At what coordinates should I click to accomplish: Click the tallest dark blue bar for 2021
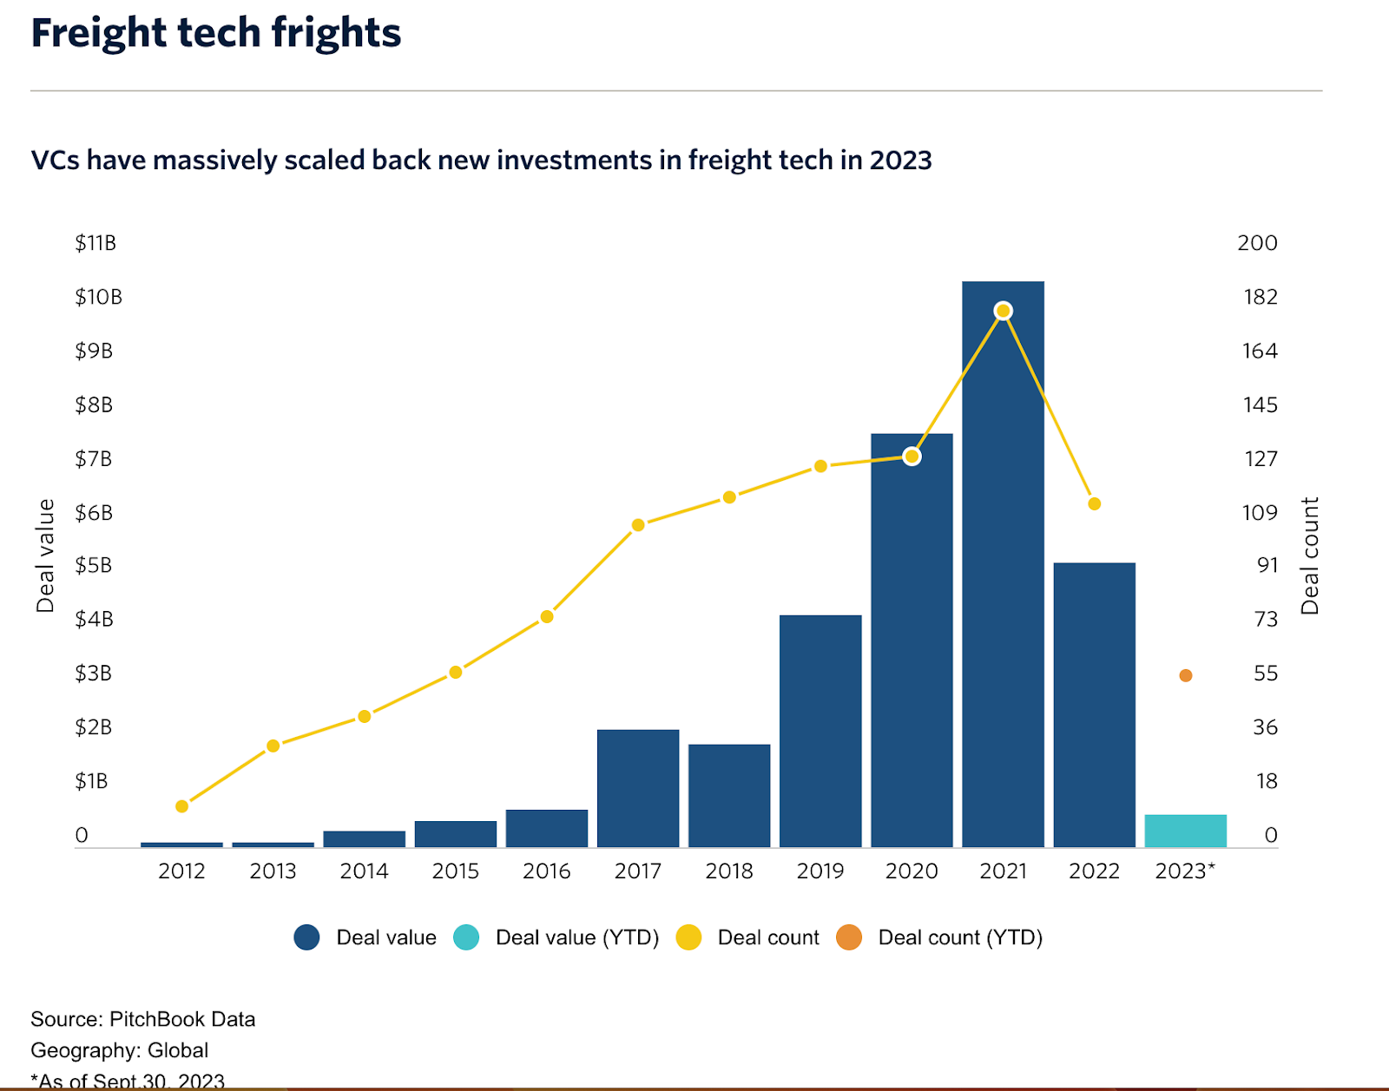(1003, 564)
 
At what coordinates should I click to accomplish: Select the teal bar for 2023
(1185, 831)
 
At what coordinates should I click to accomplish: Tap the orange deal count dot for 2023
(1186, 675)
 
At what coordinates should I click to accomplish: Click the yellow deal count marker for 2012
(181, 806)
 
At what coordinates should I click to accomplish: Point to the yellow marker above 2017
(638, 525)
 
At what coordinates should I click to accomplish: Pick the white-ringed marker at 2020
(912, 457)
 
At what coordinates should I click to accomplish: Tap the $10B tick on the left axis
(98, 297)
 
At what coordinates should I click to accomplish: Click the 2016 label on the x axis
(546, 871)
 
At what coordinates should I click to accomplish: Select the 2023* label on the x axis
(1185, 871)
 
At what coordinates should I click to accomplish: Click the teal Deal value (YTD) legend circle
(466, 937)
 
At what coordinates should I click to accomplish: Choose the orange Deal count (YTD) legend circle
(849, 937)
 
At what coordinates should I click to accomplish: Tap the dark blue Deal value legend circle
(306, 937)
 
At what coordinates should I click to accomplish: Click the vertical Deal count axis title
(1309, 555)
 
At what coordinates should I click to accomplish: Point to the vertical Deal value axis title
(45, 555)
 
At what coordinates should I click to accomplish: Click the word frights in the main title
(336, 33)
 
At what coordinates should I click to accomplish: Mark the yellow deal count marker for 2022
(1095, 504)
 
